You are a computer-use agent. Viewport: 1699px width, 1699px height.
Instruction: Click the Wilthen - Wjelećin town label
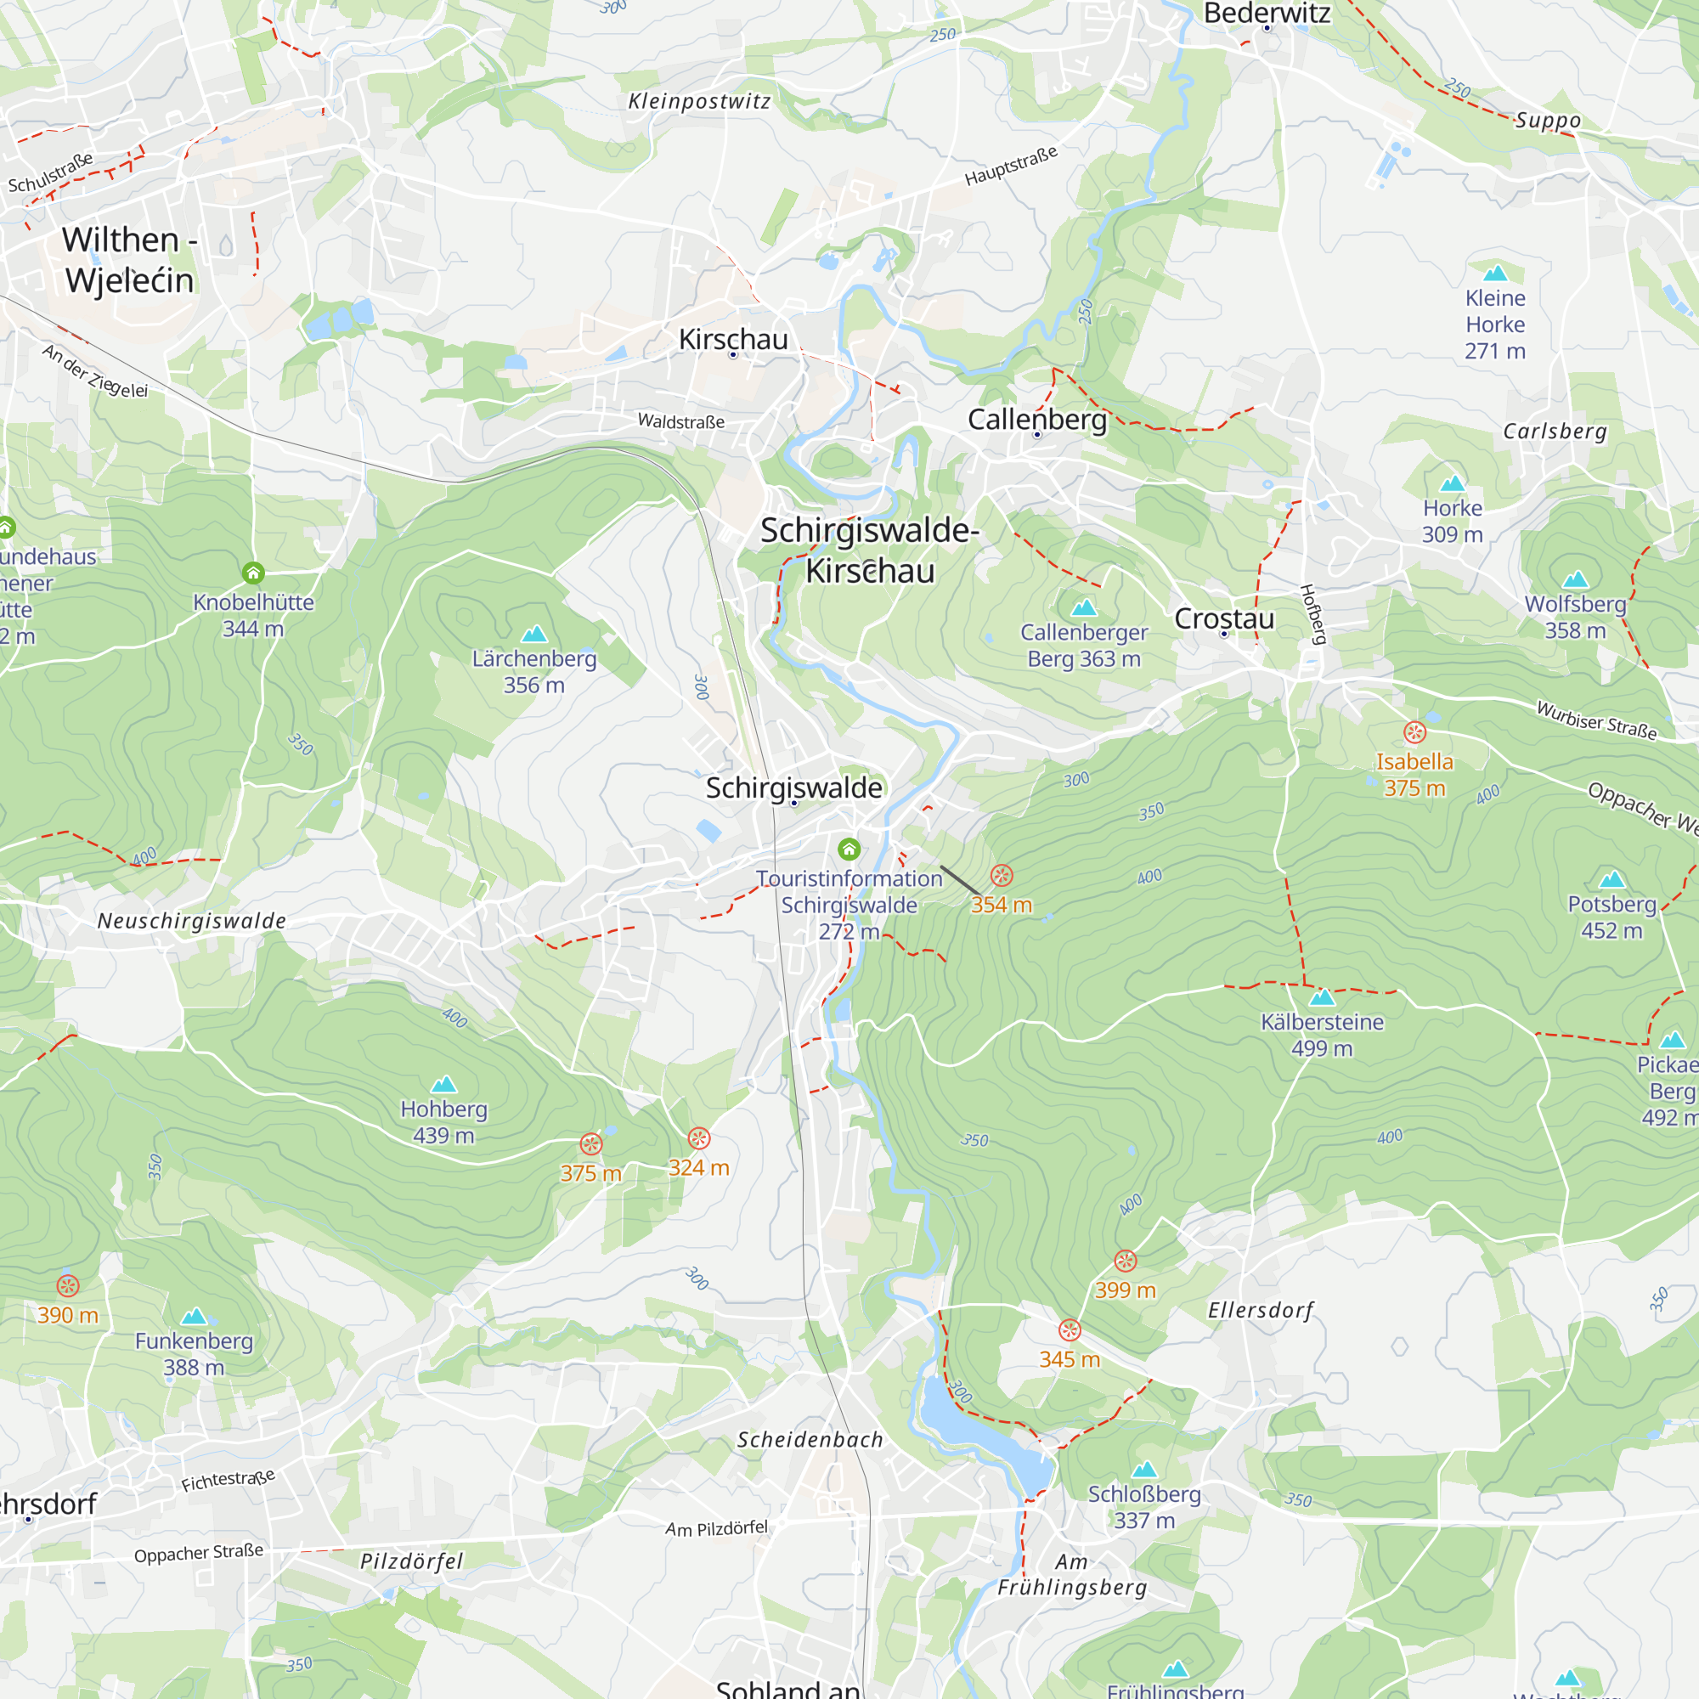point(128,259)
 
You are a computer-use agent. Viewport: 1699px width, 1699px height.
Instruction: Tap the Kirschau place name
point(732,340)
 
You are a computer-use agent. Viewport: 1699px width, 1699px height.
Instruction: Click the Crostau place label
point(1223,618)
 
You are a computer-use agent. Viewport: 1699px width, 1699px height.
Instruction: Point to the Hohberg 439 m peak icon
point(444,1084)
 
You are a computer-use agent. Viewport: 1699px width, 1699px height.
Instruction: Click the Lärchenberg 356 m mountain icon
point(533,634)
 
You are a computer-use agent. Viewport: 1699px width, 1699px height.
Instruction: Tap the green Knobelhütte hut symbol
point(253,573)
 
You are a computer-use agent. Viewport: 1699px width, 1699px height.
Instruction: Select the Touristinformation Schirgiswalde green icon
point(849,849)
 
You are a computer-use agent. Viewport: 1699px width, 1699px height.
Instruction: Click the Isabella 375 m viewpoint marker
point(1414,732)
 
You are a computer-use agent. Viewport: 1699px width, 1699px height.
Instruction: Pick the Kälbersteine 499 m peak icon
point(1322,997)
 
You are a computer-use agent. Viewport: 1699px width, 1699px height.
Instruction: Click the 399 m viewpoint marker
point(1125,1261)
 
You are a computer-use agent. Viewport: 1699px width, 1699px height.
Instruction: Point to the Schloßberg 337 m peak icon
point(1144,1470)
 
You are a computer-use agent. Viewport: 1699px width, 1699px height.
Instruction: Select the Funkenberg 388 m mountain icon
point(194,1317)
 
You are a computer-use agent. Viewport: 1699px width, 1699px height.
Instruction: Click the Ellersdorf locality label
point(1260,1310)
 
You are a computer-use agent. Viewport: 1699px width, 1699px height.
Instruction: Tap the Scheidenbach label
point(809,1440)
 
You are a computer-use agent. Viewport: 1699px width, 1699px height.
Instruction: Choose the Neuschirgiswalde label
point(192,921)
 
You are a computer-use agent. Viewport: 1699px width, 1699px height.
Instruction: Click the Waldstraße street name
point(680,421)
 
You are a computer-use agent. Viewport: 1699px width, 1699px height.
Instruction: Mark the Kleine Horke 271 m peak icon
point(1495,274)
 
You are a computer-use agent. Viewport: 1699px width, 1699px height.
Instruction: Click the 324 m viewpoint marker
point(698,1138)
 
